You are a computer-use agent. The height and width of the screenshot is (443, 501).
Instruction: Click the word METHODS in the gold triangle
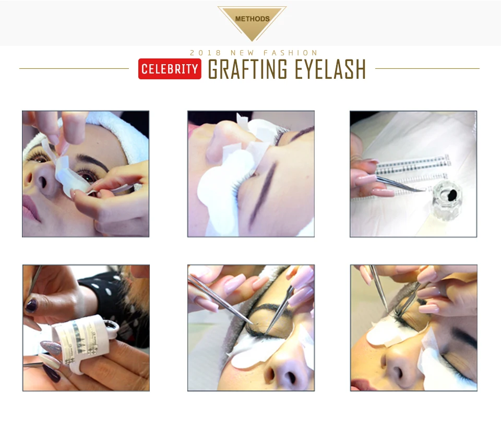[252, 19]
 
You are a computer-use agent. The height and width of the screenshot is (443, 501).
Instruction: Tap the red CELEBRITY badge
[170, 69]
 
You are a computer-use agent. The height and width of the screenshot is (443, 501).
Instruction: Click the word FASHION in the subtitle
[291, 53]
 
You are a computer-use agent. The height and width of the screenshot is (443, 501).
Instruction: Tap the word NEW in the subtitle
[242, 53]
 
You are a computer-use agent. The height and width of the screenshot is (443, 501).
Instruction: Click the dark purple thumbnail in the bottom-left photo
[31, 306]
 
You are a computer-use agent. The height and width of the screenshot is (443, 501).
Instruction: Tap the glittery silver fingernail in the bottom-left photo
[51, 347]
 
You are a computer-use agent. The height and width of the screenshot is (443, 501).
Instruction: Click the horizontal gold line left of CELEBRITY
[74, 68]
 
